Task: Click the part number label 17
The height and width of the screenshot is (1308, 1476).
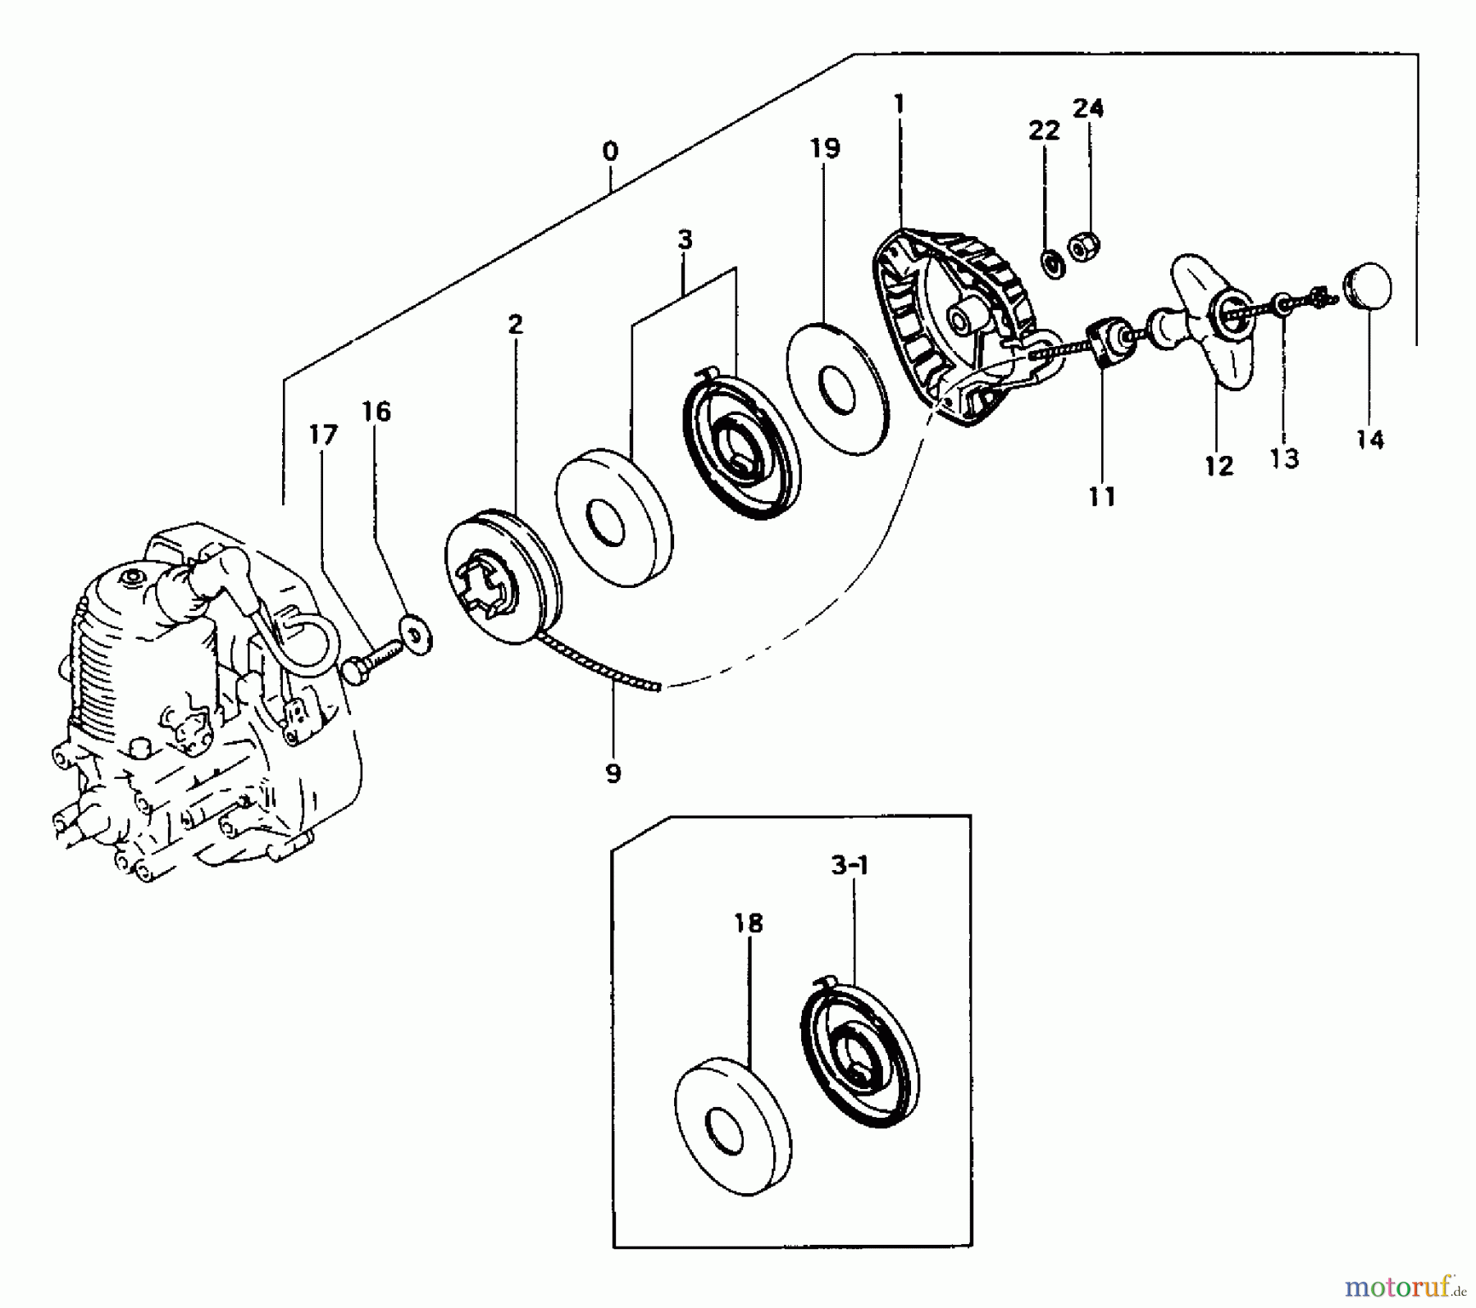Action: click(x=323, y=435)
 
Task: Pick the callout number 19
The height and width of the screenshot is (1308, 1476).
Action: click(x=825, y=148)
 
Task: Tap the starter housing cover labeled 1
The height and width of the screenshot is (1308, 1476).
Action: click(x=951, y=328)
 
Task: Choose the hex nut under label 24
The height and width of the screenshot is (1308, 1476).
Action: click(x=1084, y=246)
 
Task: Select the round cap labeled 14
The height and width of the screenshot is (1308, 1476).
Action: click(x=1369, y=286)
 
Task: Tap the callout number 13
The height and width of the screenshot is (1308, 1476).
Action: click(x=1284, y=459)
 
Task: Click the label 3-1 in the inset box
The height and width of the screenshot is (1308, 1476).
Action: click(x=850, y=866)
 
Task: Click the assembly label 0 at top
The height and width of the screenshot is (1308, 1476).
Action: click(x=610, y=152)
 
